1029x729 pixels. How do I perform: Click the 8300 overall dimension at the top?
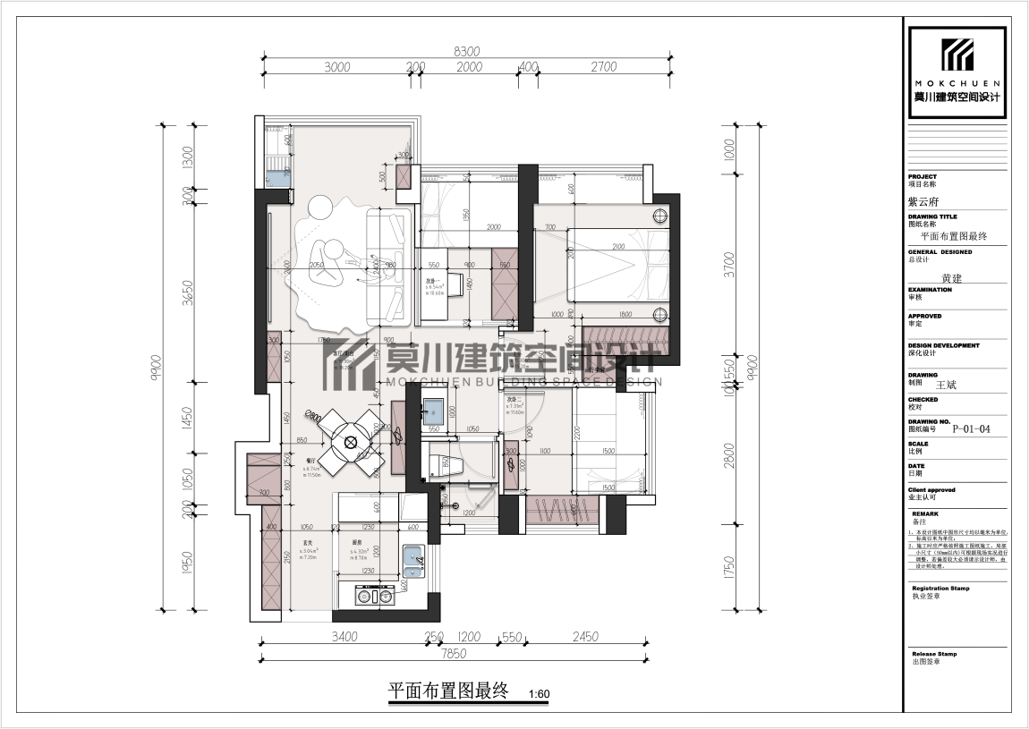coord(467,51)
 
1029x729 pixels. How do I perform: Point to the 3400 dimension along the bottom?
coord(344,637)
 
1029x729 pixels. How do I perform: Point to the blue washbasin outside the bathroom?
coord(434,410)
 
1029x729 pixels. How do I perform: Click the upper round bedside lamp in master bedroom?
coord(660,215)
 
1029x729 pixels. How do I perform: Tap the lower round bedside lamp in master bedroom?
coord(660,313)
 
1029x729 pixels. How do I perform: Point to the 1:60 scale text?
coord(539,694)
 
